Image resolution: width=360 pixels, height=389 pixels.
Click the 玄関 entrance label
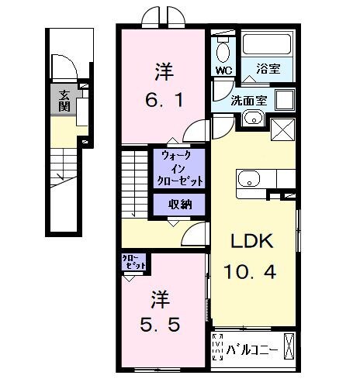point(61,100)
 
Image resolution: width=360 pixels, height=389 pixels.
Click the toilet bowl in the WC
point(223,52)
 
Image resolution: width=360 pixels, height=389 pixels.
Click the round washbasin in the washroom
point(253,119)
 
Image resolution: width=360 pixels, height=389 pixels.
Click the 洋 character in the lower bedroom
point(159,298)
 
